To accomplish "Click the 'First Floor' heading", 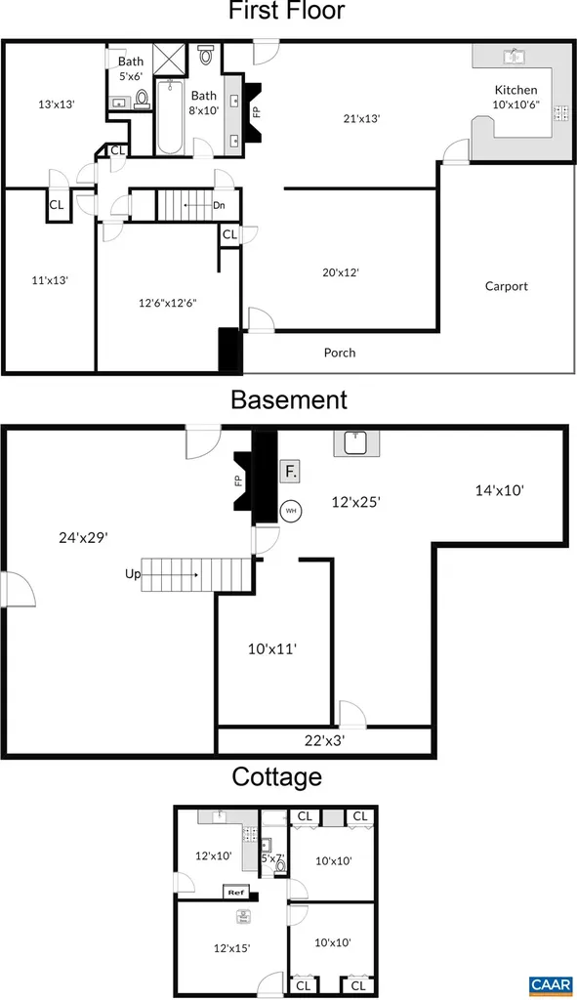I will pyautogui.click(x=287, y=13).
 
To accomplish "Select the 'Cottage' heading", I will pyautogui.click(x=276, y=777).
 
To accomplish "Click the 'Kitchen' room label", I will pyautogui.click(x=515, y=90).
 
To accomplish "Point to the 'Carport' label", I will pyautogui.click(x=506, y=286).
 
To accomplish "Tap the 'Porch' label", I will pyautogui.click(x=340, y=353).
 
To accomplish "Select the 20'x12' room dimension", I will pyautogui.click(x=341, y=272).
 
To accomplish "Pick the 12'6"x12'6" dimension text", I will pyautogui.click(x=167, y=303).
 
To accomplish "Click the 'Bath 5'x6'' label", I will pyautogui.click(x=131, y=68).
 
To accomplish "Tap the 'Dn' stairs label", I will pyautogui.click(x=219, y=206).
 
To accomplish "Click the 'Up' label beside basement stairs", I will pyautogui.click(x=132, y=574).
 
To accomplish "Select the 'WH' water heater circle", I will pyautogui.click(x=291, y=510).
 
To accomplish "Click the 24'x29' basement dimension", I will pyautogui.click(x=82, y=536).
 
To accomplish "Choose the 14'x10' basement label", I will pyautogui.click(x=500, y=491).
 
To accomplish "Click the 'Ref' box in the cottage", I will pyautogui.click(x=235, y=892).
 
